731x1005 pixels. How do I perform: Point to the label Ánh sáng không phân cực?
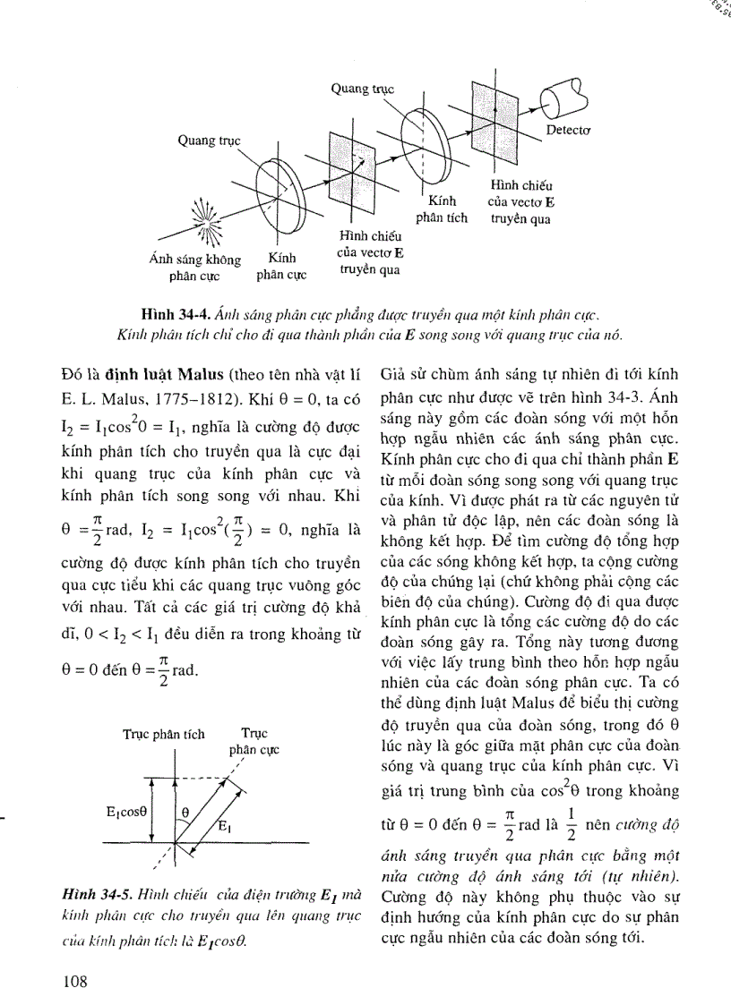tap(194, 268)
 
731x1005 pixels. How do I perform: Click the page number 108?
tap(74, 982)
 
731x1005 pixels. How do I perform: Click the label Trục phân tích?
tap(164, 734)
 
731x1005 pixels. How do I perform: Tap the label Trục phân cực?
tap(254, 742)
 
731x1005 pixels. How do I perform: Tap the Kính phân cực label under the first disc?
tap(281, 268)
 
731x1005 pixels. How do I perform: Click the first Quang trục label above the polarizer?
tap(209, 141)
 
